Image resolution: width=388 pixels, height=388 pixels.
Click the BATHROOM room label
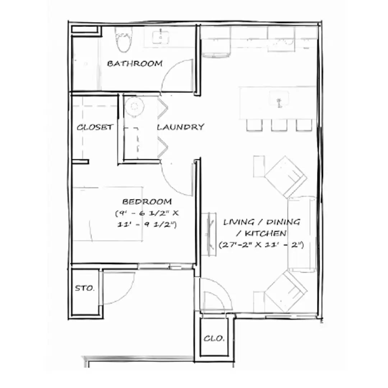[x=135, y=64]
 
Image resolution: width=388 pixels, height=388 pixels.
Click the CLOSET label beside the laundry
[x=95, y=127]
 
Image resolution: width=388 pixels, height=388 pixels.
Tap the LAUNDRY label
[x=181, y=127]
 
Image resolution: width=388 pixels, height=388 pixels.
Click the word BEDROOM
[x=147, y=202]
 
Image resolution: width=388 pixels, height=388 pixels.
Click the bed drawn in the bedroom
[x=108, y=214]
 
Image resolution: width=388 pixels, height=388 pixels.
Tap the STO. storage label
[x=85, y=288]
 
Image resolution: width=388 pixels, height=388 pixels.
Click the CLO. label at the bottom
[x=214, y=338]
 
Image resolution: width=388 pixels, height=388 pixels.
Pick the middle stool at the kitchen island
[x=278, y=125]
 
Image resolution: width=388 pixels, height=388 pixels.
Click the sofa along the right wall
[x=302, y=234]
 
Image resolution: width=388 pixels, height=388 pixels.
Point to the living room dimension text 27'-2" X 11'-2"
[x=262, y=245]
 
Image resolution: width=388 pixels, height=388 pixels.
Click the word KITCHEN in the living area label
[x=266, y=234]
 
